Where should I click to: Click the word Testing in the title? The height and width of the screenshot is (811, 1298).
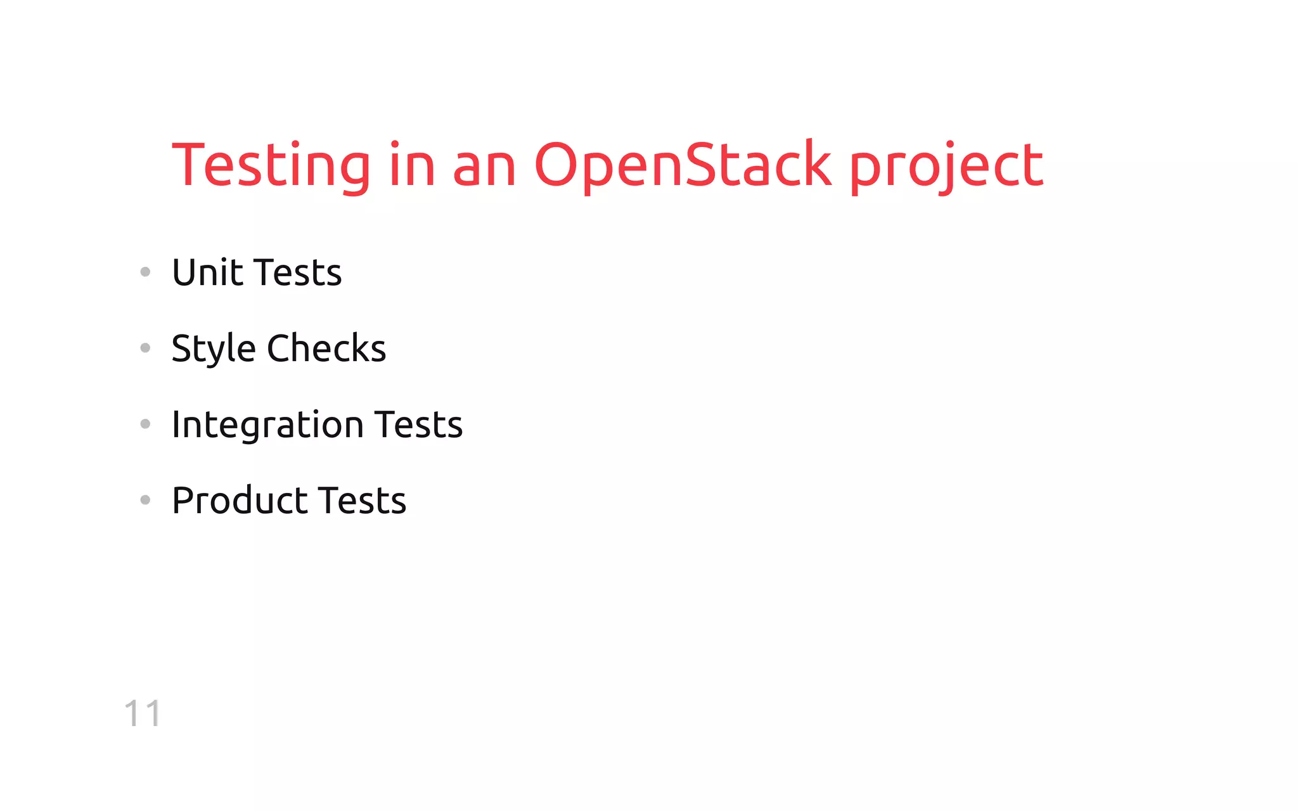pyautogui.click(x=271, y=166)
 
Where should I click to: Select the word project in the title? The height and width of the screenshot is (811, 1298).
pyautogui.click(x=946, y=166)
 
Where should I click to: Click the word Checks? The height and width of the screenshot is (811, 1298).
pyautogui.click(x=326, y=348)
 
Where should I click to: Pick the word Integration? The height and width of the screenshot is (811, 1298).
pyautogui.click(x=267, y=425)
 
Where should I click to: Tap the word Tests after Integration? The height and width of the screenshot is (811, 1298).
pyautogui.click(x=418, y=425)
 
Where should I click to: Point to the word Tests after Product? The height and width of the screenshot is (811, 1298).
pyautogui.click(x=362, y=501)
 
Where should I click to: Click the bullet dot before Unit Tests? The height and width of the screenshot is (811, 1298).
pyautogui.click(x=145, y=272)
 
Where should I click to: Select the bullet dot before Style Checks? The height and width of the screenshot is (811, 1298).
pyautogui.click(x=145, y=348)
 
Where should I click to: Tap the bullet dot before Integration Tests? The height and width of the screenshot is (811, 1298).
pyautogui.click(x=145, y=424)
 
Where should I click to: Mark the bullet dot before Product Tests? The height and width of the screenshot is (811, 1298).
pyautogui.click(x=145, y=500)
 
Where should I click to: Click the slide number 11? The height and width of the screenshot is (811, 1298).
pyautogui.click(x=143, y=713)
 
